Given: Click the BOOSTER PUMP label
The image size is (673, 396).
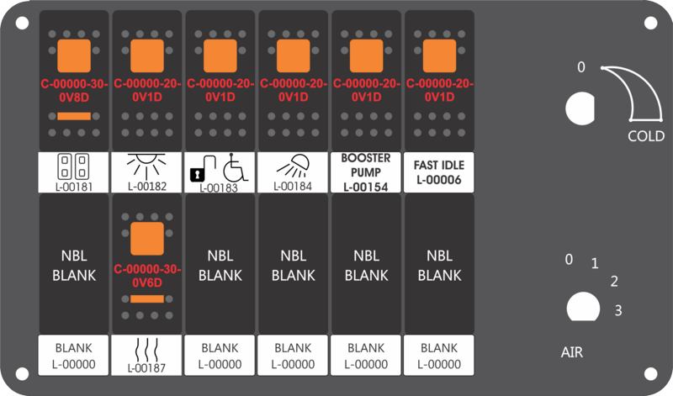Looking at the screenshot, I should click(x=365, y=172).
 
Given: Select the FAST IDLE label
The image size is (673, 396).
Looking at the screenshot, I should click(x=438, y=172).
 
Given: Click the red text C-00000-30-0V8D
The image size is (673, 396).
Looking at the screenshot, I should click(x=73, y=91).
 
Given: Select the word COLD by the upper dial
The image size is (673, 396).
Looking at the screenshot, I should click(x=645, y=136).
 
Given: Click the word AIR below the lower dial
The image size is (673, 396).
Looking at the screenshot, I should click(x=571, y=351).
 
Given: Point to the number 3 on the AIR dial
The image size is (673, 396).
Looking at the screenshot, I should click(x=618, y=310).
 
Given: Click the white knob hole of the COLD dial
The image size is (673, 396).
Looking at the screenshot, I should click(x=580, y=108).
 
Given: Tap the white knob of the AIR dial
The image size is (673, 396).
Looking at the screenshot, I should click(x=580, y=307).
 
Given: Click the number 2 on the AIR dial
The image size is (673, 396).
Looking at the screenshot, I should click(x=614, y=282).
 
